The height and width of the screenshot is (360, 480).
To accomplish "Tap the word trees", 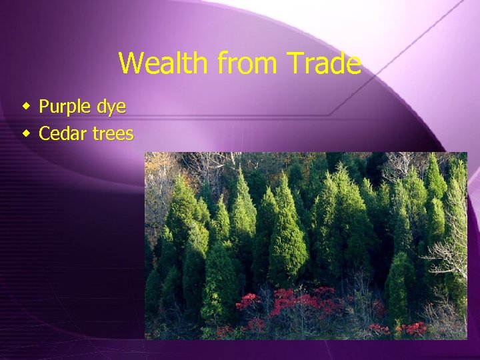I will coord(113,135).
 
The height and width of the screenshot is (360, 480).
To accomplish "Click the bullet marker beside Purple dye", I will coord(26,106).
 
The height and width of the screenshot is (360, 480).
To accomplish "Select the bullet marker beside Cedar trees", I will coord(26,134).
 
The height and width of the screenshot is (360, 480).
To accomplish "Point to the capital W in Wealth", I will coord(131,64).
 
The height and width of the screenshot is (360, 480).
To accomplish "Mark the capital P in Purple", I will coord(44,106).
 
